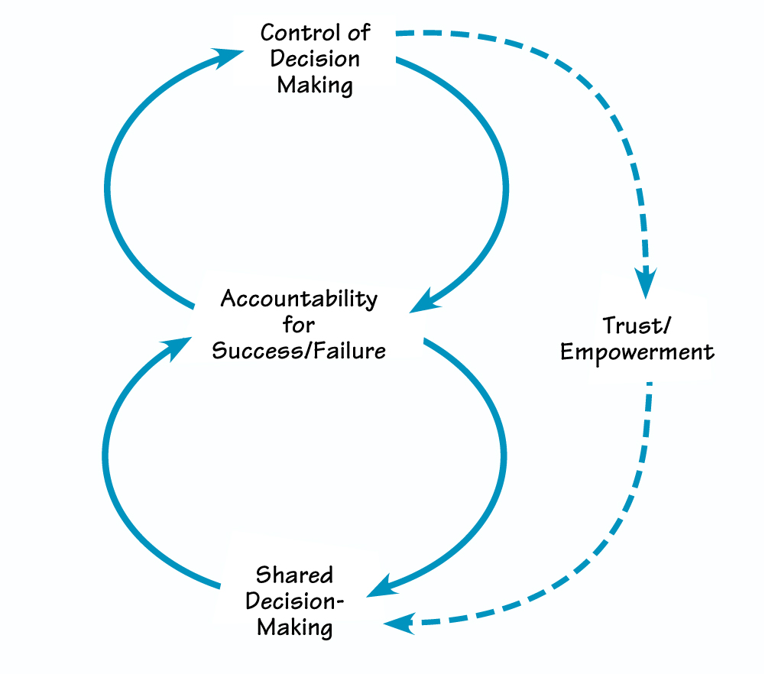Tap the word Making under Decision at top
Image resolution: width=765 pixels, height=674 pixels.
[x=315, y=85]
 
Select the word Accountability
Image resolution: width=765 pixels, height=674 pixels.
[x=299, y=299]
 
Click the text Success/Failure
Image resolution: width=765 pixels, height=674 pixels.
[x=299, y=350]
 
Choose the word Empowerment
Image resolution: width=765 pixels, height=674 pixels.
[x=637, y=352]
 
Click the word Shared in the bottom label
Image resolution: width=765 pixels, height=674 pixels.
[x=294, y=574]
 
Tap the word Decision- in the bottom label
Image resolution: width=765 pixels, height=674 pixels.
[x=295, y=601]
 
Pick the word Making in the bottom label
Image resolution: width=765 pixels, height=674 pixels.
[x=295, y=627]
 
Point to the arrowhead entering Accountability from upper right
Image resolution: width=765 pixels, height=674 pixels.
[x=425, y=303]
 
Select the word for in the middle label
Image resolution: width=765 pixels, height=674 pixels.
[x=299, y=325]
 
